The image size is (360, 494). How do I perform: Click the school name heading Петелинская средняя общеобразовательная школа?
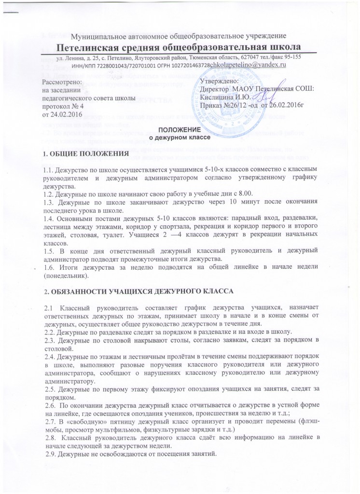[180, 47]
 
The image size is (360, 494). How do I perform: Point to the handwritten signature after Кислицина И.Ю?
[261, 98]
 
